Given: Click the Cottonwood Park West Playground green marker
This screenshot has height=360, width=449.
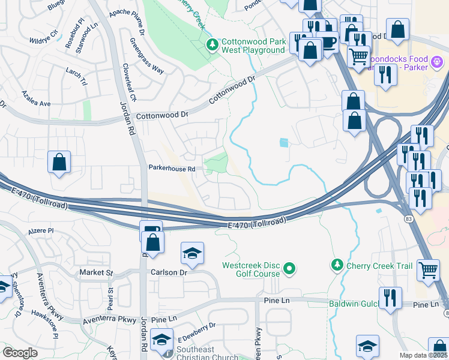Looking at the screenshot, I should point(211,44).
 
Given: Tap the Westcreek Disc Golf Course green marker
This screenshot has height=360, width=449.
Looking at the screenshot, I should point(290,268).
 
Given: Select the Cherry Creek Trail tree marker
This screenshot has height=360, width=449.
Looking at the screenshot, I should point(337,265).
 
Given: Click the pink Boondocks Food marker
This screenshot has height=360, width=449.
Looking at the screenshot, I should point(437,61).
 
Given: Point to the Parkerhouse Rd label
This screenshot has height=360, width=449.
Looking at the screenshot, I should point(172,169).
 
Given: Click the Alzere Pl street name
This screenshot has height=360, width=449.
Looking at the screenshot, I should point(41,230).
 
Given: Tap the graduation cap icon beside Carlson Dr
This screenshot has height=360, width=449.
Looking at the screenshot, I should point(192,253).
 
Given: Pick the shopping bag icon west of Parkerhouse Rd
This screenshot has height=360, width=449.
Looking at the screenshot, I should point(59,161).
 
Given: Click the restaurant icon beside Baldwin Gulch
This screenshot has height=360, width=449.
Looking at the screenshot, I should point(390,297).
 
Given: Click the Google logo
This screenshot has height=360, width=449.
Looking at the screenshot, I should point(20,353).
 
